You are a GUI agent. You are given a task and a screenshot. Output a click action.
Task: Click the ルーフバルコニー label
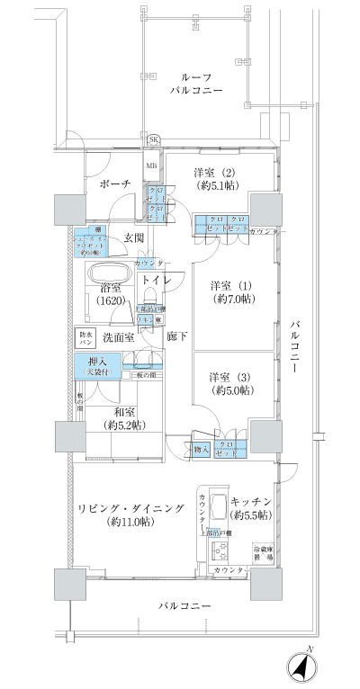pos(197,84)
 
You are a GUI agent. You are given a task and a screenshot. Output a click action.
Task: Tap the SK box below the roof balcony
pos(153,139)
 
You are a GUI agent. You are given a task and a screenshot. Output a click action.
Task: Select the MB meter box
pos(153,166)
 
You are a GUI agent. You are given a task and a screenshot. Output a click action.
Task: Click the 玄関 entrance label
pos(134,237)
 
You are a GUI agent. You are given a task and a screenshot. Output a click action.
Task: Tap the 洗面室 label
pos(118,337)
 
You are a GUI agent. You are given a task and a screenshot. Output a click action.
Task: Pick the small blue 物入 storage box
pos(202,449)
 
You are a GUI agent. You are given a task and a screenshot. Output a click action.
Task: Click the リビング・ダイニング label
pos(130,515)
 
